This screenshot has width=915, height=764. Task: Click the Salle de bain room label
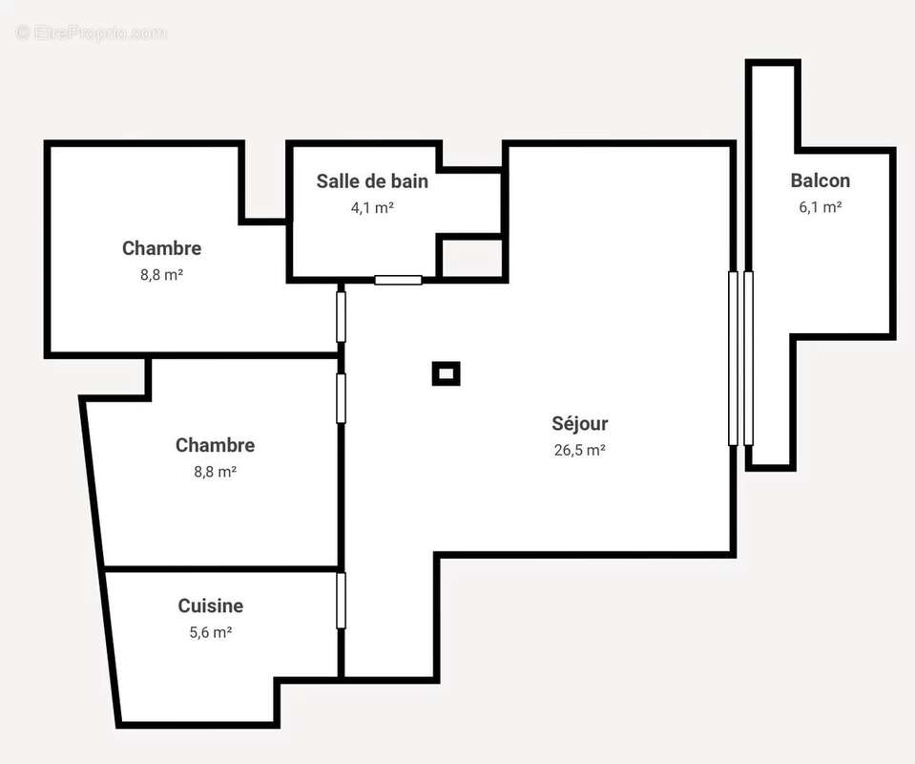pos(372,180)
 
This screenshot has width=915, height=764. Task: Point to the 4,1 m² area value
pos(372,206)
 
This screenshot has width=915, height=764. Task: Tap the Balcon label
pos(820,180)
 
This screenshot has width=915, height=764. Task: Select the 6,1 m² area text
pos(820,206)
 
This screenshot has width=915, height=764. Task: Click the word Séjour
pos(579,423)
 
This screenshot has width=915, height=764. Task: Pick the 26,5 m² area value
pos(579,450)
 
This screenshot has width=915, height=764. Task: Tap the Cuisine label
pos(210,605)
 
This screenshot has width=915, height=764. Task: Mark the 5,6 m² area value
pos(210,631)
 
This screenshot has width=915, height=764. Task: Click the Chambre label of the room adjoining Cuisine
pos(215,445)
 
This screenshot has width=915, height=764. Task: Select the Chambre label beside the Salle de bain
pos(161,248)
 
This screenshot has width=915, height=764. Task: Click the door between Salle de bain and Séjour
pos(398,280)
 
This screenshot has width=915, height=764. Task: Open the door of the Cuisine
pos(341,600)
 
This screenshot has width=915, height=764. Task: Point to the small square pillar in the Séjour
pos(446,373)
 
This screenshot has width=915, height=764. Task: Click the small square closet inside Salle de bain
pos(470,258)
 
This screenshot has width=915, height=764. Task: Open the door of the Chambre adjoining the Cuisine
pos(341,397)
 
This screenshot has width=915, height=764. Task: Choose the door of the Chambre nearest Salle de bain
pos(341,316)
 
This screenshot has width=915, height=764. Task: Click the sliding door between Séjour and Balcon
pos(740,358)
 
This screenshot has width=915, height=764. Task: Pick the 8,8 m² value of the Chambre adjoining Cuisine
pos(215,471)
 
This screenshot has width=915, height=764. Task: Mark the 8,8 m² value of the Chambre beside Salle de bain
pos(161,274)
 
